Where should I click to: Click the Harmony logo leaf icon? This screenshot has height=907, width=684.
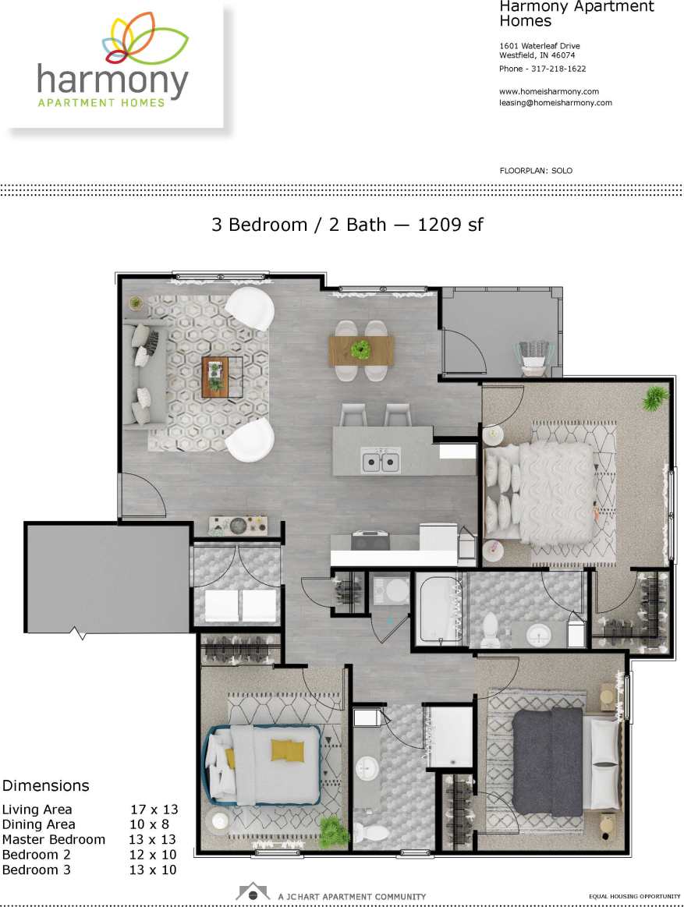146,39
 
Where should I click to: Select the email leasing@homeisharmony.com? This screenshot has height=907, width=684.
555,102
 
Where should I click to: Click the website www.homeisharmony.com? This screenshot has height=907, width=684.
548,91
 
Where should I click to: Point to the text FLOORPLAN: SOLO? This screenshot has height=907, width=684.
536,170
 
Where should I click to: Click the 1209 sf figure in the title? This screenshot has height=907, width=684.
451,225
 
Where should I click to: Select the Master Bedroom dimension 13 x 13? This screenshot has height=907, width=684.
152,840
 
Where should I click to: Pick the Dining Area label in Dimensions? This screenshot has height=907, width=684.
39,824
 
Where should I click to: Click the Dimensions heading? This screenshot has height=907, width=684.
45,785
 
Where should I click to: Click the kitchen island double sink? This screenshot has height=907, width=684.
380,461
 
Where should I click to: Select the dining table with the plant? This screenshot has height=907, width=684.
361,349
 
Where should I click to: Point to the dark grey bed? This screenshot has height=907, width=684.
549,761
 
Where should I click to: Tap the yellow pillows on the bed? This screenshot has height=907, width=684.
288,750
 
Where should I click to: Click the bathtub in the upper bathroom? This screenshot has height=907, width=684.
438,608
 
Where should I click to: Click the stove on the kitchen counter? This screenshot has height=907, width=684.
370,539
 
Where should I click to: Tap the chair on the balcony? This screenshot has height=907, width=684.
535,353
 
